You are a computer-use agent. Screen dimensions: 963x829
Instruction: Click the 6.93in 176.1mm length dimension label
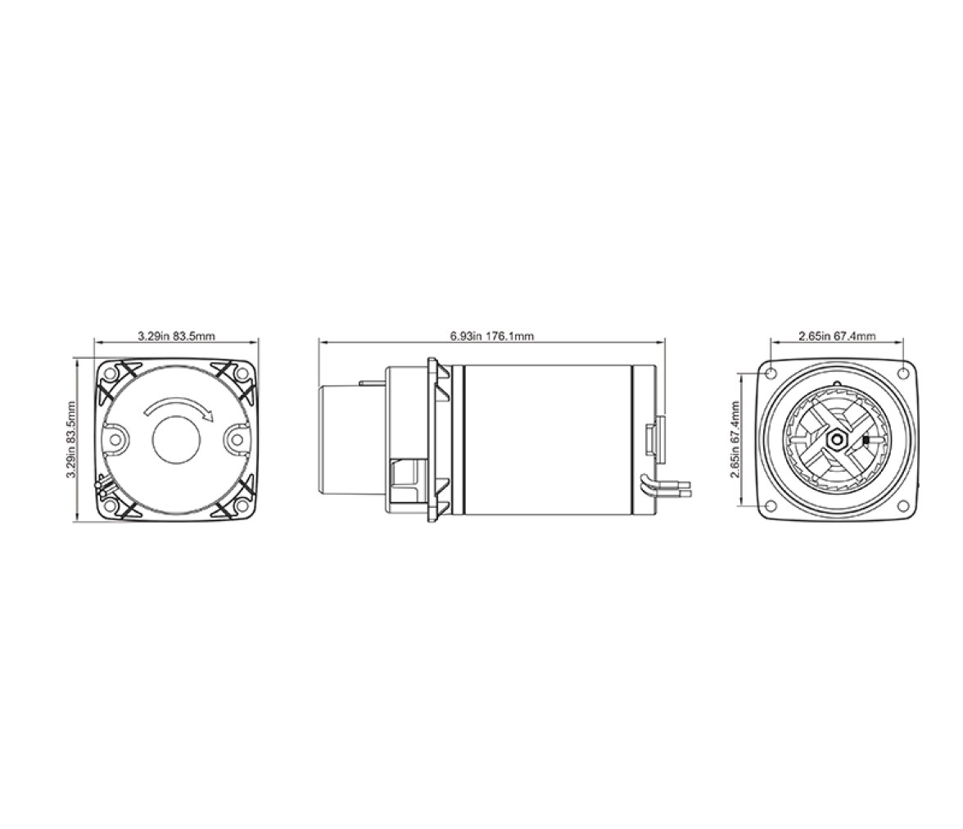[x=491, y=336]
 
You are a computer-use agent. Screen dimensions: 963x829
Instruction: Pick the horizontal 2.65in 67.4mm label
[x=837, y=336]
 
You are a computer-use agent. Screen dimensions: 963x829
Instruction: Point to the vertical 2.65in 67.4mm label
[x=735, y=440]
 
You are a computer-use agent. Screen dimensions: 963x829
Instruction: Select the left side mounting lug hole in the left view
[x=115, y=439]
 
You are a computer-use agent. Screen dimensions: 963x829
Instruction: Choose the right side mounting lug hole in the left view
[x=237, y=439]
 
